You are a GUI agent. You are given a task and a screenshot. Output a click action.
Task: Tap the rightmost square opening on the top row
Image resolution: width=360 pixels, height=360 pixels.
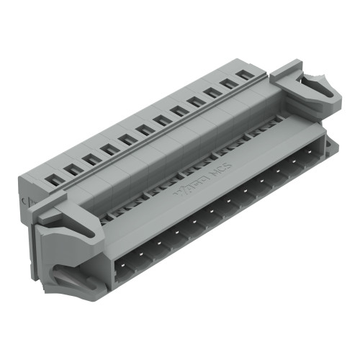[246, 73]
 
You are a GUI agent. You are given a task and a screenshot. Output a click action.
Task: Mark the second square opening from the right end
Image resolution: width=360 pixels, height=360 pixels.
[229, 83]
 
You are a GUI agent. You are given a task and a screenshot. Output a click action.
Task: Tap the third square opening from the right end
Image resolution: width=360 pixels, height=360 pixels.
[212, 92]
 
